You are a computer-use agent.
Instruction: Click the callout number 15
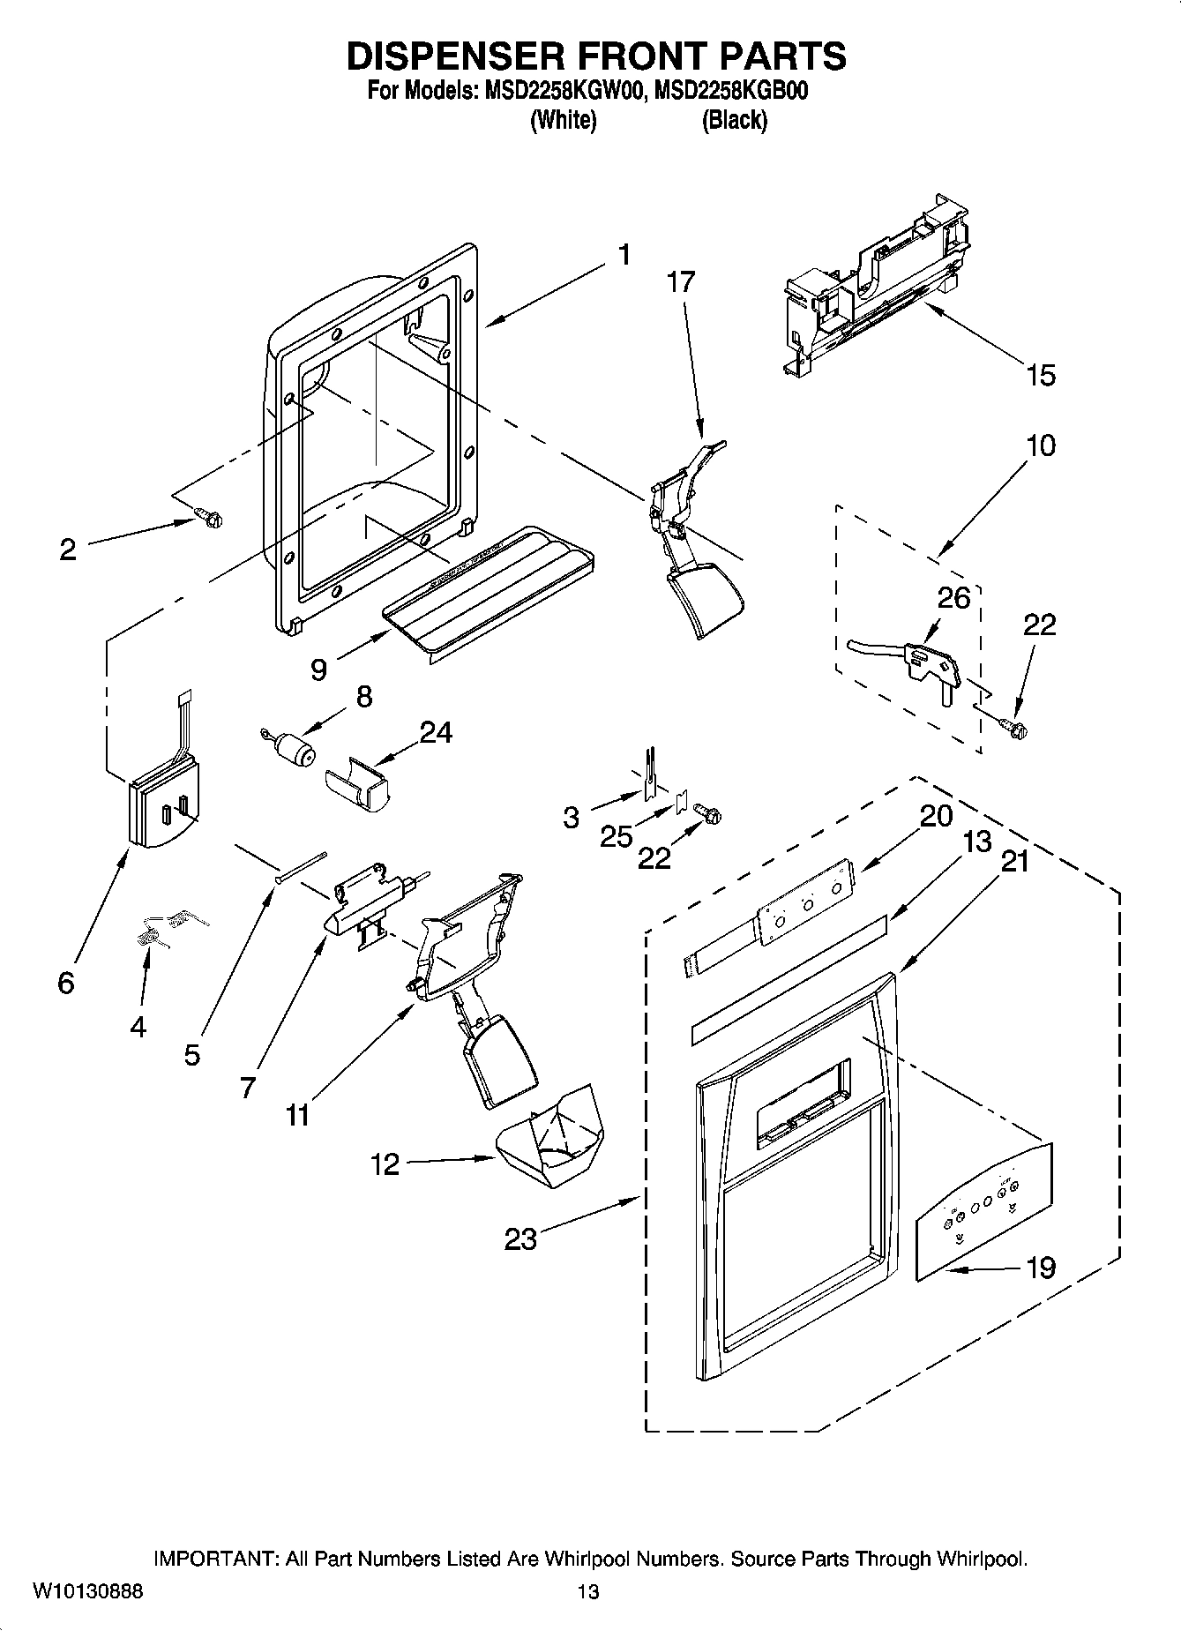click(x=1041, y=375)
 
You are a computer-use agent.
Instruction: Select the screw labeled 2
click(x=209, y=518)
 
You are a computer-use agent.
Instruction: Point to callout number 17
click(x=681, y=281)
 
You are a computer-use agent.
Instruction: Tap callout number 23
click(x=520, y=1238)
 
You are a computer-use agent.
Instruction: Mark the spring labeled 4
click(x=154, y=932)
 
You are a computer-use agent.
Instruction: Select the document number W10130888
click(x=87, y=1591)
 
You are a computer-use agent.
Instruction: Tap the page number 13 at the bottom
click(x=588, y=1591)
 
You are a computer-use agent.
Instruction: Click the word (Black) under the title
click(x=734, y=120)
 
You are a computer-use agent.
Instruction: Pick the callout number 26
click(x=953, y=598)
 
